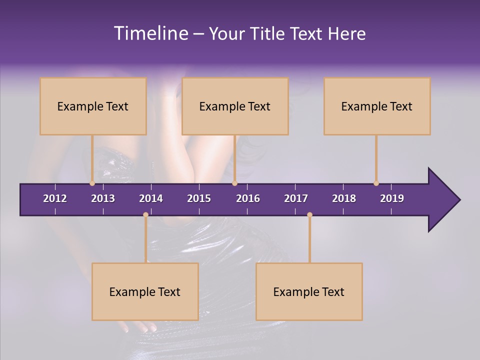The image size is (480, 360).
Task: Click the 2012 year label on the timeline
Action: pos(55,198)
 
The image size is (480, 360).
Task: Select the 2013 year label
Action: pos(103,198)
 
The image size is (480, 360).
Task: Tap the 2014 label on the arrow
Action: pos(151,198)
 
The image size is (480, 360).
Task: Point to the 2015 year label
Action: pos(199,198)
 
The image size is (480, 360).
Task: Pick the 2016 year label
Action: pos(248,198)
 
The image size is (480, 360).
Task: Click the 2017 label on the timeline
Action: pos(296,198)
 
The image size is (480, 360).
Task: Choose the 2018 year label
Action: pos(344,198)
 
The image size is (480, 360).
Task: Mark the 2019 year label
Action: pos(392,198)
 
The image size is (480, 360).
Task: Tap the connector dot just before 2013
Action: pos(92,183)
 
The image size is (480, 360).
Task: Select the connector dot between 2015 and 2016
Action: pos(234,183)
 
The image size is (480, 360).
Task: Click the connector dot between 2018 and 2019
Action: pos(376,183)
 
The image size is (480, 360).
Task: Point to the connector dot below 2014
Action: pos(145,215)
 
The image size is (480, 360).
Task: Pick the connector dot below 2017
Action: pos(309,215)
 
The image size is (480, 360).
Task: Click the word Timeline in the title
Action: pos(150,33)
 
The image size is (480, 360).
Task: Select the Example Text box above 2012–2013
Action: pos(93,106)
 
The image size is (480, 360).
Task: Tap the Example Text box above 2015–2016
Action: pos(235,106)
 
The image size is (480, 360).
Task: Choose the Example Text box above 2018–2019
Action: pos(377,106)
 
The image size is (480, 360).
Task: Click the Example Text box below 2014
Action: pos(145,292)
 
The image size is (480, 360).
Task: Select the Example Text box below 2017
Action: pos(309,292)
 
